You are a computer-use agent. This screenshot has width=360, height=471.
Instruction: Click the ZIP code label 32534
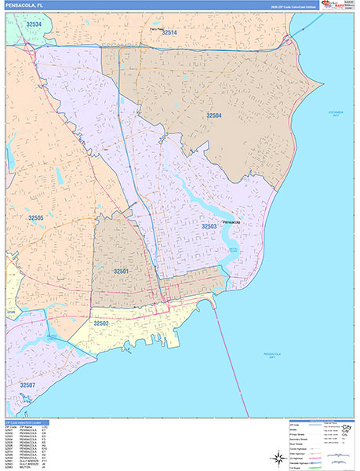(34, 24)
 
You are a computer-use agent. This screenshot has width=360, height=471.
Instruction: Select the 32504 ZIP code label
(214, 115)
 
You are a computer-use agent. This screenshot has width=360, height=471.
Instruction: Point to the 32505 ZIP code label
(35, 217)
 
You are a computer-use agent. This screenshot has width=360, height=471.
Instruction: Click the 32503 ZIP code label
(209, 226)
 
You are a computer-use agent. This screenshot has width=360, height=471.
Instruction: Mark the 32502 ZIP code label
(101, 323)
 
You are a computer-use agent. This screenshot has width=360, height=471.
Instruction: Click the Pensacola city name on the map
(231, 221)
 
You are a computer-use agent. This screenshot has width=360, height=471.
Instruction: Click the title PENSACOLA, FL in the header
(25, 6)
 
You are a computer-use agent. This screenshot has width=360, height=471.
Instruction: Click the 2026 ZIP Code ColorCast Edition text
(289, 6)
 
